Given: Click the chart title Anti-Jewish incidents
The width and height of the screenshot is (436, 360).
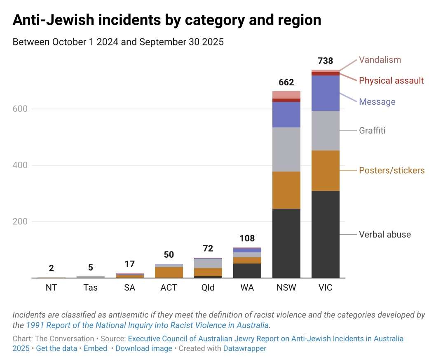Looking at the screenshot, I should pos(167,20).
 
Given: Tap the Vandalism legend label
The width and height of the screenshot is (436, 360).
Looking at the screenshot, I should pos(380,60).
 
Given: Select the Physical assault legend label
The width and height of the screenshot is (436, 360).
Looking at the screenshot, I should pos(391,80).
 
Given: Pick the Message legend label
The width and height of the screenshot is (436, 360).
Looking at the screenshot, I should pos(377,101).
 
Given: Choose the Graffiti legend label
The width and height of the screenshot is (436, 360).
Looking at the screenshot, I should pos(372,130).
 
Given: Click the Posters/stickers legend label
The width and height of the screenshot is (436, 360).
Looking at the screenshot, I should pos(391,170).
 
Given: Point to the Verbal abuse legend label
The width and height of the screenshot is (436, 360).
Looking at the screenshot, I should pos(385,235).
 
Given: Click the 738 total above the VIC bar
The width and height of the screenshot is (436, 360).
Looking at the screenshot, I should pos(326,61).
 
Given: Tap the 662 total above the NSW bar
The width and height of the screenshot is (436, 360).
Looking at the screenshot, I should pos(286,82).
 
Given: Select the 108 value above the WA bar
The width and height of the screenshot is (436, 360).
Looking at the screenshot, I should pos(247,238).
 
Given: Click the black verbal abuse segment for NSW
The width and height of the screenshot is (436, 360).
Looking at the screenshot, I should pos(286,243).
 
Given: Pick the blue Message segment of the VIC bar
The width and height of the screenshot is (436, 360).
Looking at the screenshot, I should pos(326,93).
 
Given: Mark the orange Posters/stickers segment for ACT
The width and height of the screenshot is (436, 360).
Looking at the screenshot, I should pos(169,273).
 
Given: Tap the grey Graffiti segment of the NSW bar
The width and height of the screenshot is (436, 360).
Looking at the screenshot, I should pos(286,149).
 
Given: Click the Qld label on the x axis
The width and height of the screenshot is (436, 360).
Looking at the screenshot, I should pos(208,288).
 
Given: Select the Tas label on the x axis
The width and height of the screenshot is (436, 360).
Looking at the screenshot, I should pos(90,288).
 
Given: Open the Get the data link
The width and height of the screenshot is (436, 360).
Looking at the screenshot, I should pos(56,348).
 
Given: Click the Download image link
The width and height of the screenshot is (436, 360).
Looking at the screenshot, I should pos(144,348).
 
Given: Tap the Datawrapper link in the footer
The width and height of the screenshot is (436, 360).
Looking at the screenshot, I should pos(245,348).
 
